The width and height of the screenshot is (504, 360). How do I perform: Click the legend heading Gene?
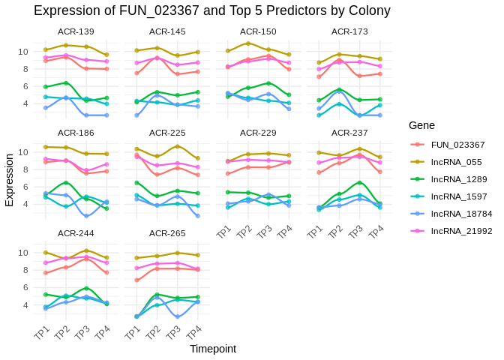coord(421,125)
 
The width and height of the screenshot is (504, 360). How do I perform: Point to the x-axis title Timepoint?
coord(213,349)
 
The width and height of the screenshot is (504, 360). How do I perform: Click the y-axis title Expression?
coord(10,180)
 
